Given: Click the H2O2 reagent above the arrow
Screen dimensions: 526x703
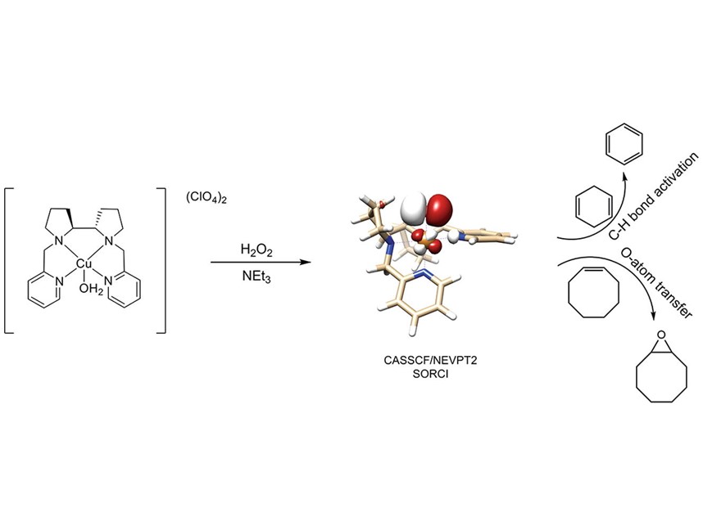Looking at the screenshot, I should pos(256,248).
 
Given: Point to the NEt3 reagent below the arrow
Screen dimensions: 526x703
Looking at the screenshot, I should pos(257,277).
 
